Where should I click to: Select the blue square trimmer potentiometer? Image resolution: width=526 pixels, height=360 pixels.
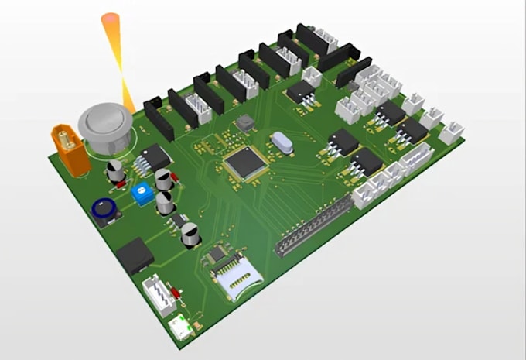coord(142,194)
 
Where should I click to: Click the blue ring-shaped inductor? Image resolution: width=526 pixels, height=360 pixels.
coord(104,209)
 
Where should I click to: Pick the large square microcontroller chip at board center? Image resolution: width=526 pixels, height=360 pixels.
coord(246,163)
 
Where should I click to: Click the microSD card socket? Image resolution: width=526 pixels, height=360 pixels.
coord(236,279)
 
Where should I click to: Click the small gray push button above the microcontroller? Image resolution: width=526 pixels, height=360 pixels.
coord(246,123)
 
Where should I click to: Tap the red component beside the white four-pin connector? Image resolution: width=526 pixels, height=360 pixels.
coord(177,293)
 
